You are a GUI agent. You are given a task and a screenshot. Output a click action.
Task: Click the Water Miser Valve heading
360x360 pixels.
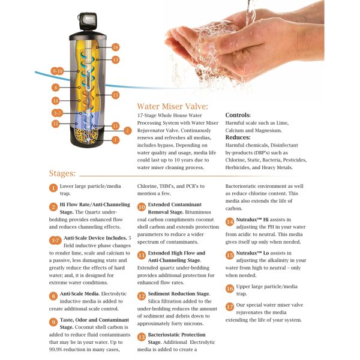[x=172, y=106]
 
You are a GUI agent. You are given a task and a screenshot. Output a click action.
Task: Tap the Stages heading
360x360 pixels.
[x=62, y=173]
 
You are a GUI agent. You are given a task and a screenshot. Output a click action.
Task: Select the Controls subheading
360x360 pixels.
[x=238, y=115]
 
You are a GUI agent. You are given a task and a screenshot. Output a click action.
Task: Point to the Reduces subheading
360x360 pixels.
[x=238, y=137]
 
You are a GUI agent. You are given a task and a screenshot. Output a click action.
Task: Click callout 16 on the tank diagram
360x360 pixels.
[x=115, y=47]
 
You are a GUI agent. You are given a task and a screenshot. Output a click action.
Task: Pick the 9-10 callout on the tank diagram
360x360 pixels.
[x=57, y=71]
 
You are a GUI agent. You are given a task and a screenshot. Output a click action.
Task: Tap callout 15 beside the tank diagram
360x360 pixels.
[x=115, y=95]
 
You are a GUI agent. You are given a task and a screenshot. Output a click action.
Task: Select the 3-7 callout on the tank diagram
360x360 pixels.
[x=57, y=113]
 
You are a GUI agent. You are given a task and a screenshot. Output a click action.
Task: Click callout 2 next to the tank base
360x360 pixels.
[x=128, y=131]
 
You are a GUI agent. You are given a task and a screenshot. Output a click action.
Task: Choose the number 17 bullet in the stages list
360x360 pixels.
[x=230, y=307]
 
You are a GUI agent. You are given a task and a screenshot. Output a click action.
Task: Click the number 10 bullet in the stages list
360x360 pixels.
[x=142, y=207]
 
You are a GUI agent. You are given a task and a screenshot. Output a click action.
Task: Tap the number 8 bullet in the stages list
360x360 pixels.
[x=53, y=296]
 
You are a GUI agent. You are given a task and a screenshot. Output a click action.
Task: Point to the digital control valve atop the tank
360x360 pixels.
[x=88, y=20]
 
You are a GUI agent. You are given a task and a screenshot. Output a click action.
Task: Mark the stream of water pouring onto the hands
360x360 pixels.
[x=250, y=13]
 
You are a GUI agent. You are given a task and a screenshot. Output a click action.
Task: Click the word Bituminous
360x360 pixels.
[x=198, y=212]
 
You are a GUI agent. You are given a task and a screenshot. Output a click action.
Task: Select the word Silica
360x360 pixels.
[x=155, y=301]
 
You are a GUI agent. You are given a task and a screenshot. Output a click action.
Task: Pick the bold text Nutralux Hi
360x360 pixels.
[x=253, y=220]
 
